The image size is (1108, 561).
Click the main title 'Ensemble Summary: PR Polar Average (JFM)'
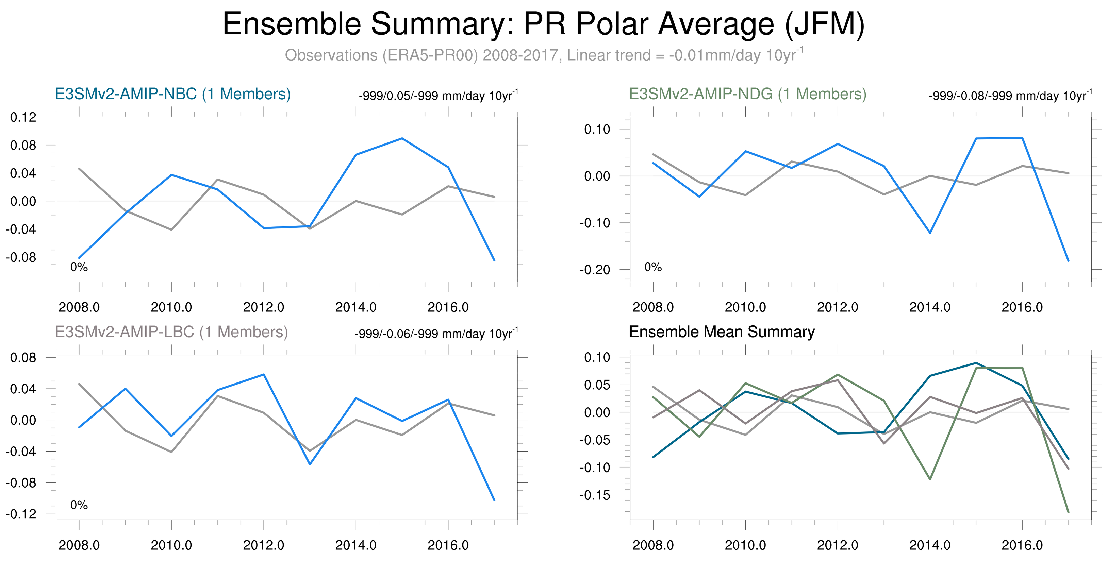point(543,24)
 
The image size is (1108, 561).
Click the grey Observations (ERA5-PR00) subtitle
point(544,55)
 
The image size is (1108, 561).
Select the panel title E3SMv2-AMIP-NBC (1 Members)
point(173,94)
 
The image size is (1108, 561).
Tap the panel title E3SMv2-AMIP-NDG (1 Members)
point(747,94)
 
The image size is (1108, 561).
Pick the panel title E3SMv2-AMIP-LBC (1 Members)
point(171,332)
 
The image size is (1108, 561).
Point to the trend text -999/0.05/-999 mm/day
point(438,96)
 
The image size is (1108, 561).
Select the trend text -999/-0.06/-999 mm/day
point(436,334)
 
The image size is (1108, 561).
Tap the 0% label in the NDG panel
point(653,267)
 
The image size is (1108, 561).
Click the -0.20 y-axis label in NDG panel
point(595,270)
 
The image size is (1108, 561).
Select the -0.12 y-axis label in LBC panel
point(21,514)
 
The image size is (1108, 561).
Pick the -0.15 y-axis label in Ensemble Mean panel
point(595,495)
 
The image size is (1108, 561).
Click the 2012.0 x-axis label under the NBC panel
point(263,307)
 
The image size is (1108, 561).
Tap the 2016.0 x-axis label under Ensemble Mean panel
point(1022,545)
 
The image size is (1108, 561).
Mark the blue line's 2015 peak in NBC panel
point(402,138)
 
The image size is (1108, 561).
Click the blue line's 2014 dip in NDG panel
point(930,233)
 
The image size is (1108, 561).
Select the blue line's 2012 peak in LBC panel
point(263,374)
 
